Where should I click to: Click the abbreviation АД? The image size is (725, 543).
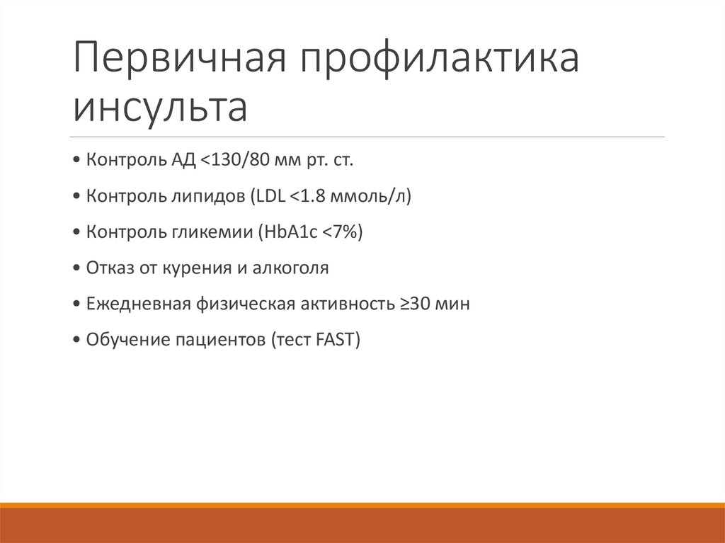click(x=181, y=160)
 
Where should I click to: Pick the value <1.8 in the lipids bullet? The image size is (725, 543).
click(x=307, y=196)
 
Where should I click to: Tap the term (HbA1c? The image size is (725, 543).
click(x=289, y=232)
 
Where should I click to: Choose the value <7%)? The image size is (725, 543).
click(x=343, y=232)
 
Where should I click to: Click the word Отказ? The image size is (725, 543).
click(x=108, y=268)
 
